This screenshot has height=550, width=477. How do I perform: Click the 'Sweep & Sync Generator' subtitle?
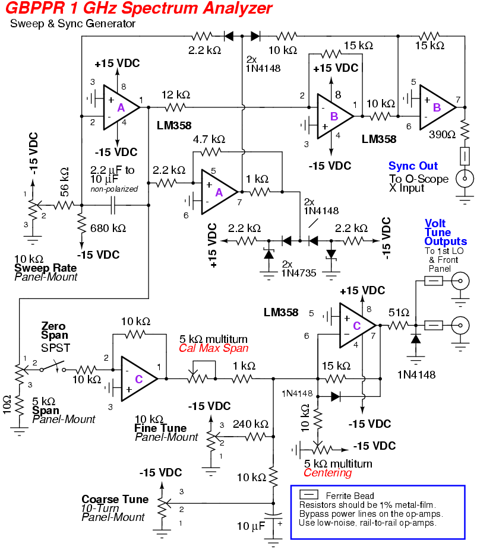pos(73,24)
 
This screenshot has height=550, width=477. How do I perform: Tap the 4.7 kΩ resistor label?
pos(209,139)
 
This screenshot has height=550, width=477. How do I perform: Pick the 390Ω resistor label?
pos(443,134)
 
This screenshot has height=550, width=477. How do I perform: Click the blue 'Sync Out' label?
pos(413,166)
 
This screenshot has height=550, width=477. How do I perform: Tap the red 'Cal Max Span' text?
pos(213,348)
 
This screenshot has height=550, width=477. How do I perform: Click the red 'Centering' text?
pos(327,473)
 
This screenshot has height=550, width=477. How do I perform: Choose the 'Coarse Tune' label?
pos(115,499)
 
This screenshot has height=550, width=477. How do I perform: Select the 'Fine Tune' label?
pos(160,428)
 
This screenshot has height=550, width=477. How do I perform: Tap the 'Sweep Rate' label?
pos(45,268)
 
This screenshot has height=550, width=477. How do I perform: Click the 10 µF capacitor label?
pos(251,526)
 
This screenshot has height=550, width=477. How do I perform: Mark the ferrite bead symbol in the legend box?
pos(309,495)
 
